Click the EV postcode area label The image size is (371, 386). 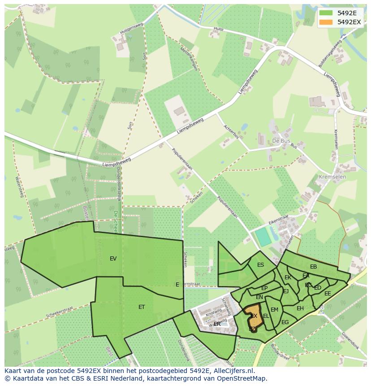point(113,259)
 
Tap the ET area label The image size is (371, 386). point(142,307)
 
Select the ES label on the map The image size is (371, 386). point(260,265)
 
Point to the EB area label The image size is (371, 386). point(313,267)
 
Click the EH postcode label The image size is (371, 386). point(300,308)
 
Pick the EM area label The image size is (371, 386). point(274,310)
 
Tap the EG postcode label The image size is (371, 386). point(285,322)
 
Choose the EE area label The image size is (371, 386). point(328,294)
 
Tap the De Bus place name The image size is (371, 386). point(281,141)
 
